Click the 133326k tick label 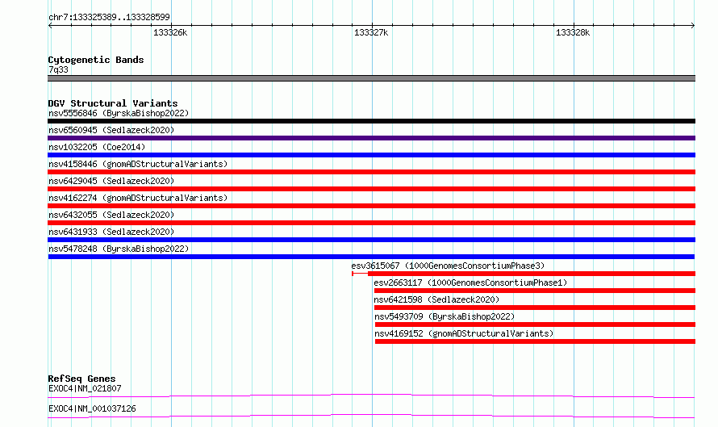170,32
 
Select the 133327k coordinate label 371,32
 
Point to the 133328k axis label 573,32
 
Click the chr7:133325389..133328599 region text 109,17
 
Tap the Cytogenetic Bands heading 96,60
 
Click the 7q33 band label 58,69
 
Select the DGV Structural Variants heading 113,103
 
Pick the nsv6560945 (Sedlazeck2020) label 111,130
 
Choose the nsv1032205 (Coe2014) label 97,147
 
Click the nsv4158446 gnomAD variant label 138,164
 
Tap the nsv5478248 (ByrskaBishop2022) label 119,249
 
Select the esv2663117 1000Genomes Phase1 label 470,283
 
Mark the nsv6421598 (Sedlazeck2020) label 436,299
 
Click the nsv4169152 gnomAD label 464,333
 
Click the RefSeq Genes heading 81,379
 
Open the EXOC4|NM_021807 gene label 85,388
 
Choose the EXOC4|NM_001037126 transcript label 92,408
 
